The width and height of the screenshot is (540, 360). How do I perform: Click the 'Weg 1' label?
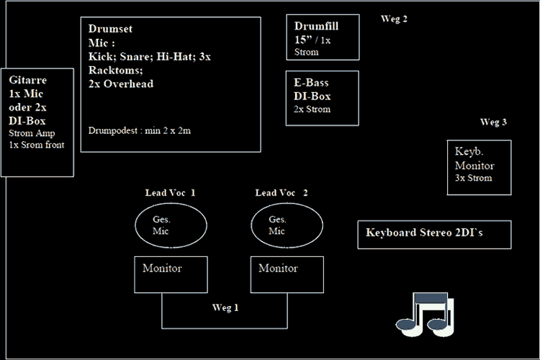click(225, 307)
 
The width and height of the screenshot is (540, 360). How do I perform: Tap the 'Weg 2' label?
click(394, 19)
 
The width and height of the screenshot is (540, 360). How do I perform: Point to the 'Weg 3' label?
click(493, 122)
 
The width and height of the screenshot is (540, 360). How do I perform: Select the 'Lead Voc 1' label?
click(170, 193)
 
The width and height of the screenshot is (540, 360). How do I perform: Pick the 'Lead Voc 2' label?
click(282, 193)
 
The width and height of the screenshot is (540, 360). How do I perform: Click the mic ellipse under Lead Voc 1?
click(171, 226)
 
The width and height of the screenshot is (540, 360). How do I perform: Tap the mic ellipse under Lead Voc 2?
click(287, 226)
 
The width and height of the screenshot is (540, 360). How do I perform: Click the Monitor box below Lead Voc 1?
click(171, 274)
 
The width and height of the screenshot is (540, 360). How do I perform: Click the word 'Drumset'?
click(110, 29)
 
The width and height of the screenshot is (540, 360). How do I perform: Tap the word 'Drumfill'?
click(316, 27)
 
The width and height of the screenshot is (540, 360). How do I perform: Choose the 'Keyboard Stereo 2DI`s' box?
click(434, 234)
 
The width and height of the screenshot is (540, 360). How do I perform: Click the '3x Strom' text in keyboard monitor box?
click(473, 178)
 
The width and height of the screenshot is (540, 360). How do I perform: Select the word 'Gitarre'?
click(28, 81)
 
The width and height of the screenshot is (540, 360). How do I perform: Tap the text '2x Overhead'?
click(121, 84)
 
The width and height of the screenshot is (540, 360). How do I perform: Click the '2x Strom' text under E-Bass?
click(312, 109)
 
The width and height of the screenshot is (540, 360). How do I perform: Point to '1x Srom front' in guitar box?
click(37, 145)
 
